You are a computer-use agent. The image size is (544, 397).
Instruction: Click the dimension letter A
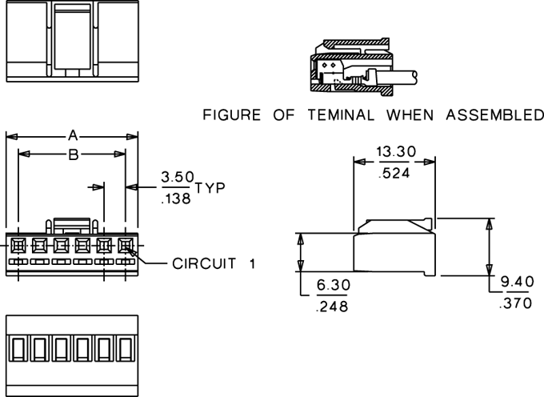(x=73, y=135)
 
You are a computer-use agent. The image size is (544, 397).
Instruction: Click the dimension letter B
(x=74, y=154)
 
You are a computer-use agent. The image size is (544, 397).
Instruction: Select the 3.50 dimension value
(x=178, y=177)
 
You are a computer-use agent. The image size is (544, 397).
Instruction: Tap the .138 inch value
(x=176, y=198)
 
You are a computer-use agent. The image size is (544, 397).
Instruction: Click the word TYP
(x=210, y=188)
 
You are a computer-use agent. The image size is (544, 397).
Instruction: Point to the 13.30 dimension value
(x=396, y=151)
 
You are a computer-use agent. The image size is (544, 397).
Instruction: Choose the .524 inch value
(x=394, y=173)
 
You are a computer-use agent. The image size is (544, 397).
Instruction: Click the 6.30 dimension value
(x=334, y=285)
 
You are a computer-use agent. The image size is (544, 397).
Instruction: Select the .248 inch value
(x=332, y=307)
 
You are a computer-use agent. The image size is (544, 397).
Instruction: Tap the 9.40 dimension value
(x=518, y=282)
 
